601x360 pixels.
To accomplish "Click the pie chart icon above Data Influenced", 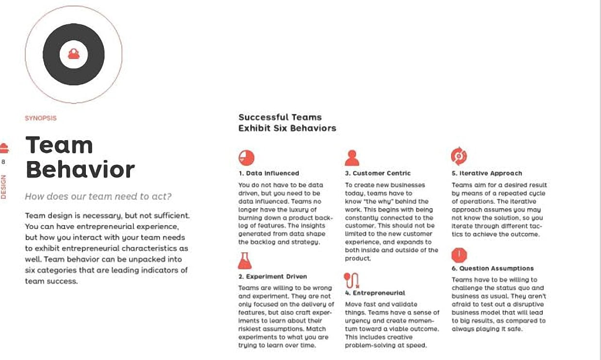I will (x=246, y=157).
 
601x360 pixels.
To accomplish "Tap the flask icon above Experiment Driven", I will (x=245, y=261).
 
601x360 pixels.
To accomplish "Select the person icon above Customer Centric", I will (x=352, y=158).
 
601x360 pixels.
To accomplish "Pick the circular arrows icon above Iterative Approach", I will (x=458, y=156).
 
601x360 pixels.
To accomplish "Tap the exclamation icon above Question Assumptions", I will (x=459, y=255).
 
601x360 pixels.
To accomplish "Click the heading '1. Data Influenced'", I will (x=269, y=173).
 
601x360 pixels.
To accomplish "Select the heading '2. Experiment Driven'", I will (x=273, y=277).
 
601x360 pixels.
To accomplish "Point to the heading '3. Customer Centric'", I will (x=378, y=173).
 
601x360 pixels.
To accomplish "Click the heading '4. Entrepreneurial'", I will (x=375, y=293).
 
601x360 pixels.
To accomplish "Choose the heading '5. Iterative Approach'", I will (x=487, y=173).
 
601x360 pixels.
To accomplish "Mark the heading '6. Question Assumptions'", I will (x=492, y=268).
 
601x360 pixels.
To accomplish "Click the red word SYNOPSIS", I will (x=41, y=118).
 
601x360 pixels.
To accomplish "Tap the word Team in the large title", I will (x=59, y=146).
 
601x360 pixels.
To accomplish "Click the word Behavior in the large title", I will (x=80, y=169).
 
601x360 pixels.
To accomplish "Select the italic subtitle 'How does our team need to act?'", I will (x=98, y=196).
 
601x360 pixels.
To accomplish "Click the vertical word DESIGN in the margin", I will (x=4, y=187).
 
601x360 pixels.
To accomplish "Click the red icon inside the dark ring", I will (x=74, y=53).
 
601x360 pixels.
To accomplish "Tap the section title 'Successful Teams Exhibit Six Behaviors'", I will (x=287, y=123).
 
